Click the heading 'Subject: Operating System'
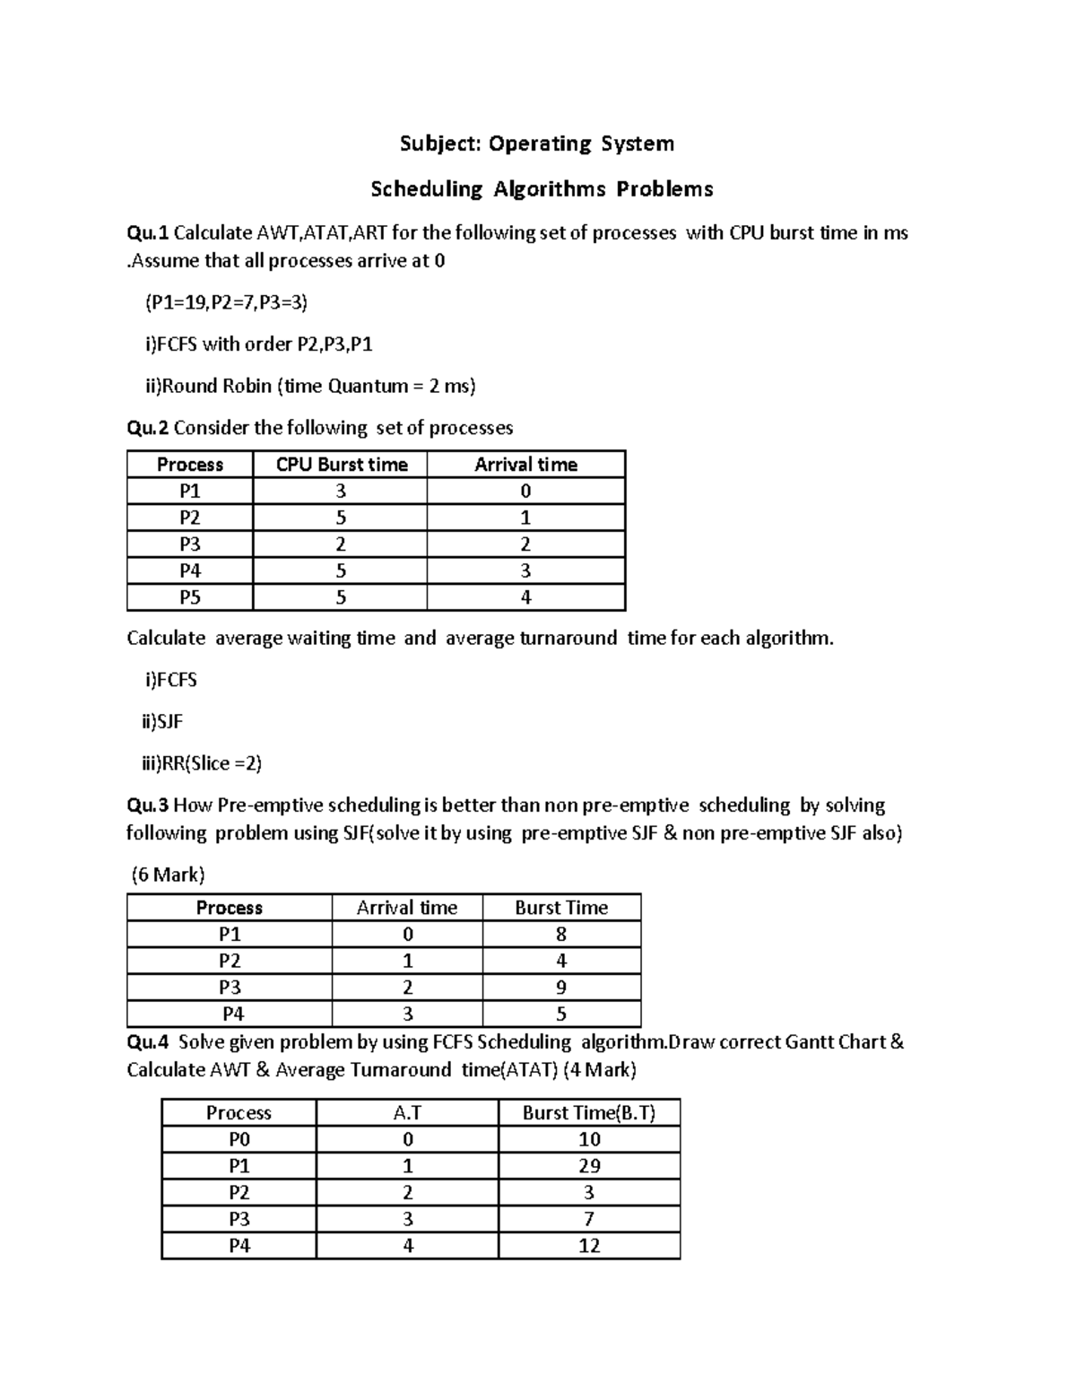pyautogui.click(x=536, y=144)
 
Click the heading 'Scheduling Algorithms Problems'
pyautogui.click(x=542, y=189)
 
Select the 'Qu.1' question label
pyautogui.click(x=147, y=233)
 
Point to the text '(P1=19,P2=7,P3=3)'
pyautogui.click(x=226, y=303)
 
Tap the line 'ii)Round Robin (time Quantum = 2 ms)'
pyautogui.click(x=310, y=386)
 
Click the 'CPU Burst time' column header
pyautogui.click(x=341, y=465)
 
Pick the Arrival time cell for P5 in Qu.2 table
pyautogui.click(x=525, y=597)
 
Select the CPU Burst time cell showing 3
pyautogui.click(x=341, y=492)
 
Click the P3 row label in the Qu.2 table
pyautogui.click(x=190, y=544)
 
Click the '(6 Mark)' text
pyautogui.click(x=168, y=875)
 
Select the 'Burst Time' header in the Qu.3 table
pyautogui.click(x=561, y=908)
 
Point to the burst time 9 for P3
pyautogui.click(x=561, y=988)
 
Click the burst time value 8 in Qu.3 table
pyautogui.click(x=561, y=935)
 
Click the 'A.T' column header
pyautogui.click(x=407, y=1113)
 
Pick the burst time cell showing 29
pyautogui.click(x=589, y=1166)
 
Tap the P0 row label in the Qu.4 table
pyautogui.click(x=239, y=1139)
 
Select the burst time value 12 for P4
pyautogui.click(x=589, y=1246)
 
